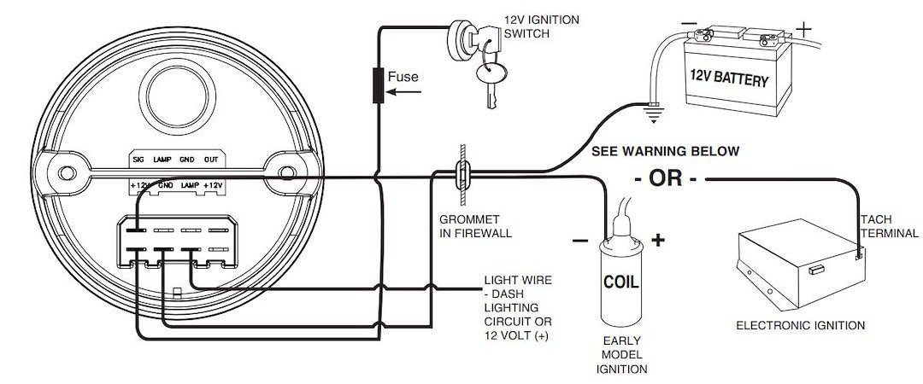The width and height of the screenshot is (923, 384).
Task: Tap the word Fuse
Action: [x=403, y=77]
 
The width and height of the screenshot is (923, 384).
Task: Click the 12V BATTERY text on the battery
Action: [x=729, y=81]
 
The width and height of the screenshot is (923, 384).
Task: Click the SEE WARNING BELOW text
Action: [x=666, y=151]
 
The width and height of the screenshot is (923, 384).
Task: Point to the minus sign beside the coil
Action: [x=580, y=241]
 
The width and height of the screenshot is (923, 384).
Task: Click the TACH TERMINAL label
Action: [x=889, y=225]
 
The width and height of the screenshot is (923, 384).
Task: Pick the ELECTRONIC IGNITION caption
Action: [x=801, y=325]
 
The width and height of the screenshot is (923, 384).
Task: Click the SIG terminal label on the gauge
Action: [x=137, y=160]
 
